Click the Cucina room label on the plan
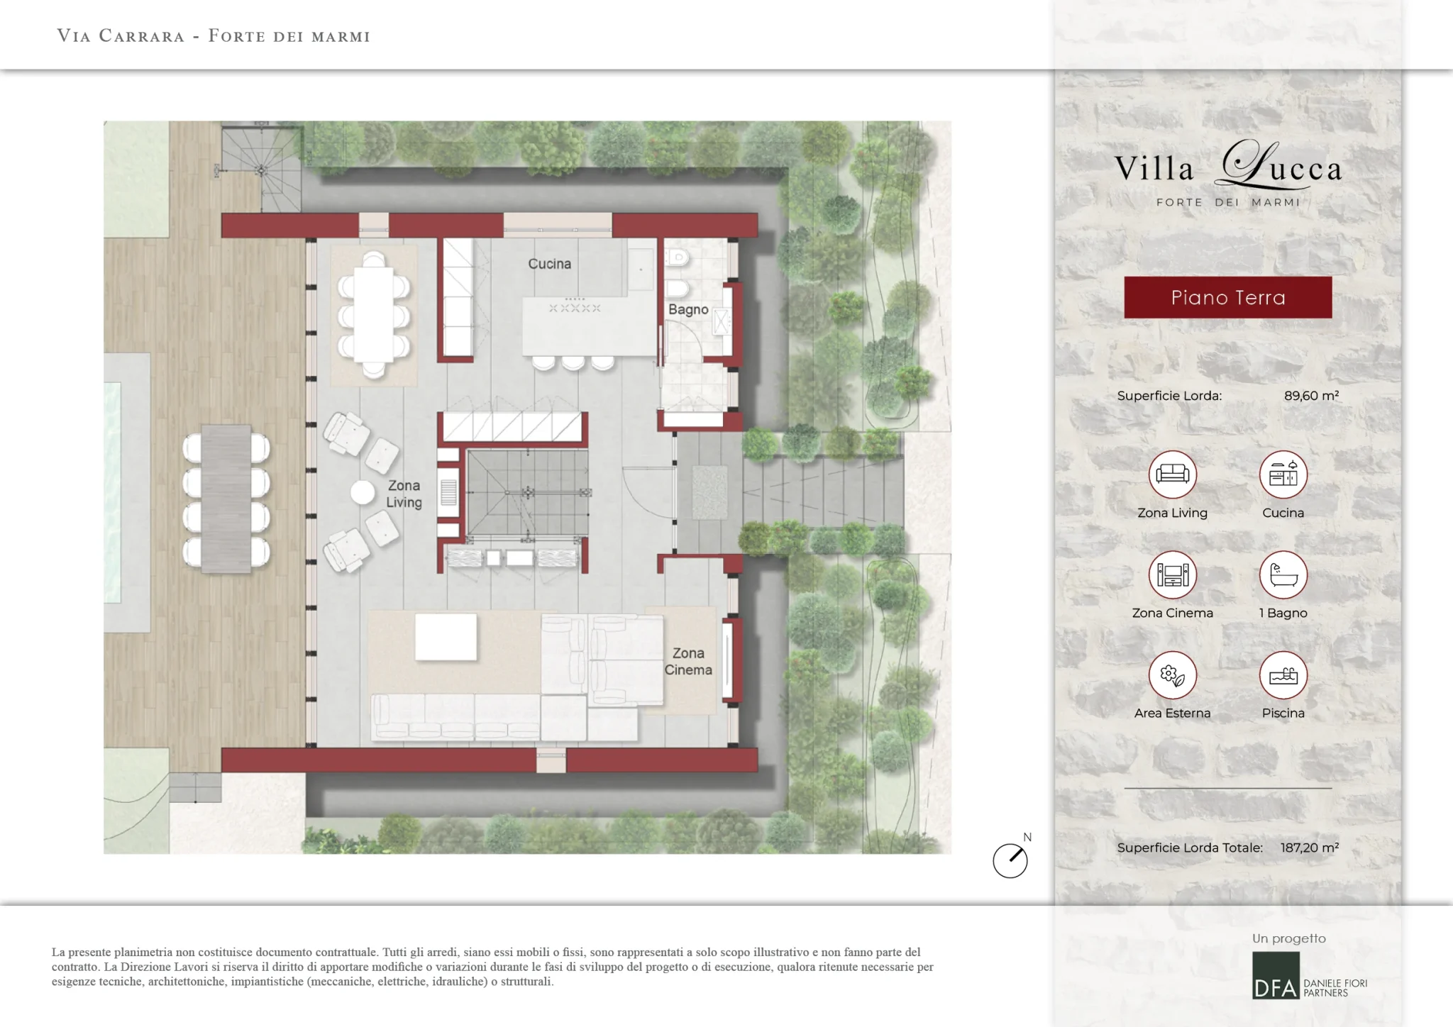tap(549, 264)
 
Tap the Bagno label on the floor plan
tap(688, 309)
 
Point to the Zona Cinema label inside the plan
tap(688, 661)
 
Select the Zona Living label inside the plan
tap(404, 494)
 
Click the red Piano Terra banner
tap(1228, 297)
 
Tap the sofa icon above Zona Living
tap(1173, 474)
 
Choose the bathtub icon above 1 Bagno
tap(1283, 574)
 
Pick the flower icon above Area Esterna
tap(1173, 675)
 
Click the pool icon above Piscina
tap(1283, 675)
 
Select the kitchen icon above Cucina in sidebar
tap(1283, 474)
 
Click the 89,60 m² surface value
tap(1311, 396)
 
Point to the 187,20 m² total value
tap(1310, 848)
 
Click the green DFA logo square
tap(1276, 976)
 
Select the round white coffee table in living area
tap(363, 493)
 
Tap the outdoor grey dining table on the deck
tap(226, 499)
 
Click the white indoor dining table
tap(374, 315)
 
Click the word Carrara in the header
tap(142, 36)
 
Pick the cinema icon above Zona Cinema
tap(1173, 574)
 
